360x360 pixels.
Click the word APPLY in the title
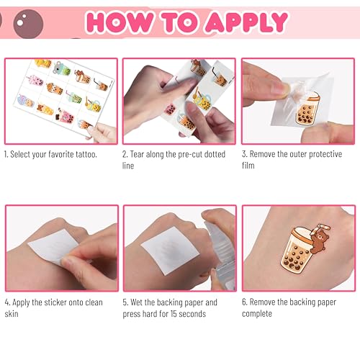pyautogui.click(x=246, y=22)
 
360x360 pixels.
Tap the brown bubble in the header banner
pyautogui.click(x=28, y=24)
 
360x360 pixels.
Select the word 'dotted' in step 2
pyautogui.click(x=215, y=154)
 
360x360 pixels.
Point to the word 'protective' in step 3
pyautogui.click(x=325, y=154)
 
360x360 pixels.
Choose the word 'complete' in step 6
pyautogui.click(x=257, y=314)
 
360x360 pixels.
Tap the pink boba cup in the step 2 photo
pyautogui.click(x=170, y=109)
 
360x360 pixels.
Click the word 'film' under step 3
pyautogui.click(x=248, y=166)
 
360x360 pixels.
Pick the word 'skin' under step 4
pyautogui.click(x=12, y=314)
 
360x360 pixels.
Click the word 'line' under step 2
pyautogui.click(x=128, y=166)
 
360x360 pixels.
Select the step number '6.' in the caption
pyautogui.click(x=244, y=302)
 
